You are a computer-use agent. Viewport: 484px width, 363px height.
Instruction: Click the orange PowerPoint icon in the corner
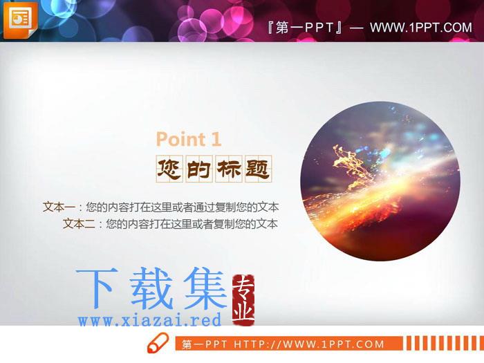coord(20,20)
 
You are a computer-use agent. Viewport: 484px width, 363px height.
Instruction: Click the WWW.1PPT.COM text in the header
coord(421,28)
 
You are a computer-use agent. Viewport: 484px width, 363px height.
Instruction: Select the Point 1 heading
coord(189,139)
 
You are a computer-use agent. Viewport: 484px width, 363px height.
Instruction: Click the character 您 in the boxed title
coord(169,169)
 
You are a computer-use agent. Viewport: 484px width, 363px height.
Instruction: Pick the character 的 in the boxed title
coord(198,169)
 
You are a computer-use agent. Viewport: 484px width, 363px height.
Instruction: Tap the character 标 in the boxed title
coord(228,169)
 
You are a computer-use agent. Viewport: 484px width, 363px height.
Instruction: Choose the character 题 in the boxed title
coord(258,169)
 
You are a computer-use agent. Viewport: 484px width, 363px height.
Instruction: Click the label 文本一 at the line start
coord(59,207)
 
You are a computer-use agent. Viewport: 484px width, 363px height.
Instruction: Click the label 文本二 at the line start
coord(79,223)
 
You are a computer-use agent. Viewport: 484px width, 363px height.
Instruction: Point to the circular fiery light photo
coord(380,181)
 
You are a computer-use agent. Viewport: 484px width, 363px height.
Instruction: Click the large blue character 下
coord(97,288)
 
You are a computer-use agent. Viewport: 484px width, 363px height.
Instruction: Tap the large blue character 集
coord(205,288)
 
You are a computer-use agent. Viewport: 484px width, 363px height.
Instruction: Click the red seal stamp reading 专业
coord(243,299)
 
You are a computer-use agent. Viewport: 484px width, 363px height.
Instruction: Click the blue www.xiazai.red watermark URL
coord(150,319)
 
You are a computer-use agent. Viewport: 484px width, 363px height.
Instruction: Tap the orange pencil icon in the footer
coord(158,343)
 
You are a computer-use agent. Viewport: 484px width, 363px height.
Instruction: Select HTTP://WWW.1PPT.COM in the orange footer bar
coord(308,344)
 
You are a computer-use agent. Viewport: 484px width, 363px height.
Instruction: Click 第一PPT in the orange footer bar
coord(205,344)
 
